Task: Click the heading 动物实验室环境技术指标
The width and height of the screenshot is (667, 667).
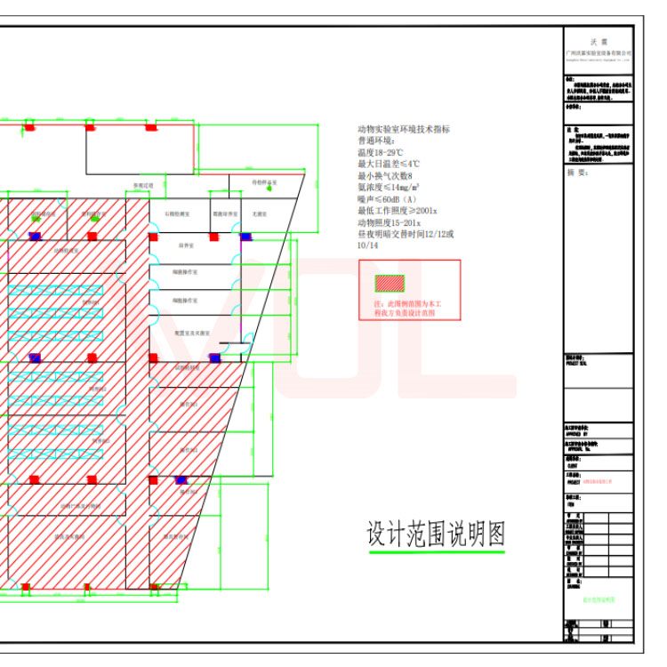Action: tap(403, 129)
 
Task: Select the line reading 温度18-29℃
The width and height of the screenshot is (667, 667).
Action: tap(380, 152)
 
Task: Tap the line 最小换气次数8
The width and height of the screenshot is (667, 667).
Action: tap(385, 175)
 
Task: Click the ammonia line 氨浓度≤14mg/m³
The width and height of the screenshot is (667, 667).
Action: tap(389, 187)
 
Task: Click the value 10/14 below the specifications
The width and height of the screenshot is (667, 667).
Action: tap(367, 245)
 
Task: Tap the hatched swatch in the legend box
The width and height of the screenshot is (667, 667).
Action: tap(390, 284)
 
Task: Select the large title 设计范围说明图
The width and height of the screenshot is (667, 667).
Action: tap(436, 534)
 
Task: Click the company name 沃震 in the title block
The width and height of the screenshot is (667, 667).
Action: tap(599, 42)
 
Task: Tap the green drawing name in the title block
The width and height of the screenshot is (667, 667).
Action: tap(599, 600)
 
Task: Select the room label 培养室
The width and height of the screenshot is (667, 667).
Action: tap(186, 245)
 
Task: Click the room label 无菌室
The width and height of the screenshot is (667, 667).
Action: tap(260, 214)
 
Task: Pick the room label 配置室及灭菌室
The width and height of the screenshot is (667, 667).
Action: tap(192, 333)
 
